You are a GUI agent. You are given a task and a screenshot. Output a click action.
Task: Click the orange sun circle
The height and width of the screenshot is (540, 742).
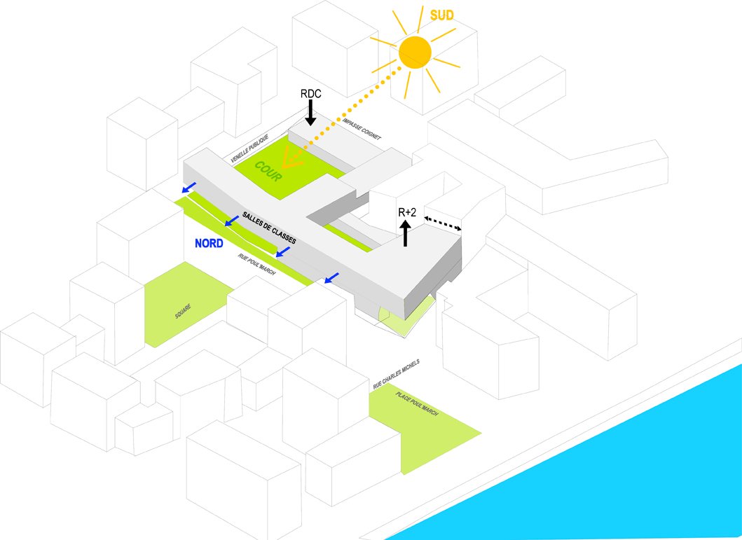414,51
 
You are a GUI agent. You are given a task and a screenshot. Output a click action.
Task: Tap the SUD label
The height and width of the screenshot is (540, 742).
441,15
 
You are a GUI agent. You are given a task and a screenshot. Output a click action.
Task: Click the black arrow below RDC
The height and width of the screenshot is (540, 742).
310,113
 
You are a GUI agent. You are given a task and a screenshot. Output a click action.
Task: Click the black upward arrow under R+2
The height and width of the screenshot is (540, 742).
405,233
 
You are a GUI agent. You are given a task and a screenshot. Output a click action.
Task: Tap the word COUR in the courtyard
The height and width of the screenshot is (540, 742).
268,172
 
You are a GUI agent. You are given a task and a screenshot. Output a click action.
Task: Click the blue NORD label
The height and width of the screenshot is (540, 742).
209,244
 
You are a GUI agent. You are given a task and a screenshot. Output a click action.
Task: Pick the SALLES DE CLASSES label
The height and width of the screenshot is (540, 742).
269,228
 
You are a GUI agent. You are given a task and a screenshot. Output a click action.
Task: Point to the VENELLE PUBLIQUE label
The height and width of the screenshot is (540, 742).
249,149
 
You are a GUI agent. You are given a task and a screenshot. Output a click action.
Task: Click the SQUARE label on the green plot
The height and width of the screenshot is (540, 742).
184,311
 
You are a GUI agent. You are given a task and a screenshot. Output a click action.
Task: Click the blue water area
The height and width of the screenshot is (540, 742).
617,476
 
